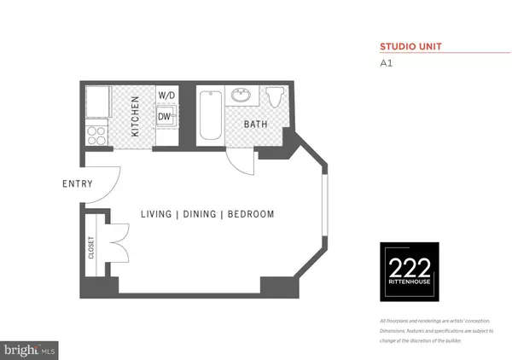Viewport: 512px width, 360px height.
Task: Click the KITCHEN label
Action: pyautogui.click(x=135, y=117)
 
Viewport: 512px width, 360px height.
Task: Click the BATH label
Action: pyautogui.click(x=256, y=125)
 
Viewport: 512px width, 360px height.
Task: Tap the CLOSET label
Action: pyautogui.click(x=90, y=247)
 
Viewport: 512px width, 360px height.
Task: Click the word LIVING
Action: pyautogui.click(x=157, y=214)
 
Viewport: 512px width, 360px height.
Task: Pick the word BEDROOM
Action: pyautogui.click(x=251, y=214)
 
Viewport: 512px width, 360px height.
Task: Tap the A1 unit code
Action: pyautogui.click(x=384, y=62)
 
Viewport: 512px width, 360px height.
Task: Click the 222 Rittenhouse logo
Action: pyautogui.click(x=409, y=271)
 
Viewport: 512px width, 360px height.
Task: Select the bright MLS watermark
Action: pyautogui.click(x=31, y=349)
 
